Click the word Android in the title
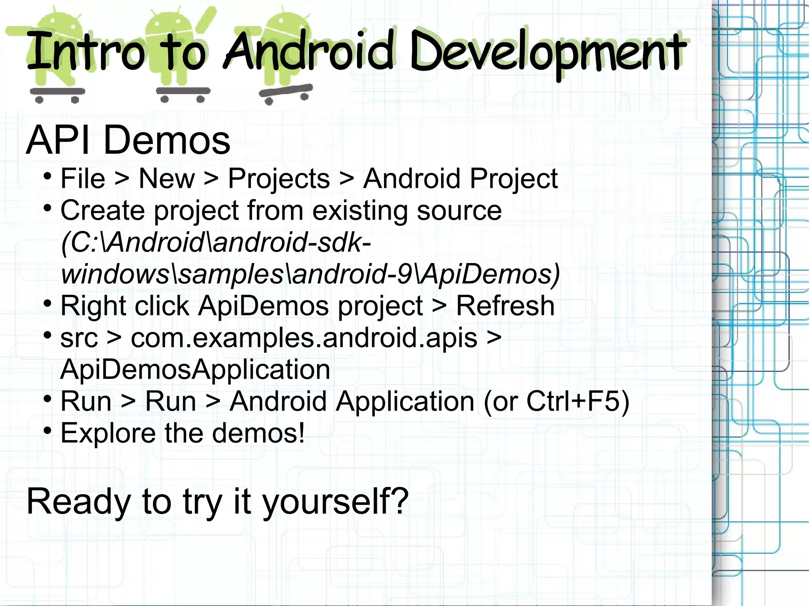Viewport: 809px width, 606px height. click(309, 51)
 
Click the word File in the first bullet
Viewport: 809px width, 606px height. click(83, 179)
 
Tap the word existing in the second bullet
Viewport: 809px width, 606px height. click(360, 210)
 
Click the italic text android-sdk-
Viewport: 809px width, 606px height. click(292, 242)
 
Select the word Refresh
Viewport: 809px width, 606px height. click(505, 306)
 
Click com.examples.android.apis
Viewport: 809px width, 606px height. click(304, 338)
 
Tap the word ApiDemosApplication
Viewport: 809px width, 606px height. click(195, 370)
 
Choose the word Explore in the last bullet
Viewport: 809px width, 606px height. click(108, 433)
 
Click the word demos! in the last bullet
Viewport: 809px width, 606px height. click(258, 433)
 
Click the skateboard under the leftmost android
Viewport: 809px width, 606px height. click(57, 93)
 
